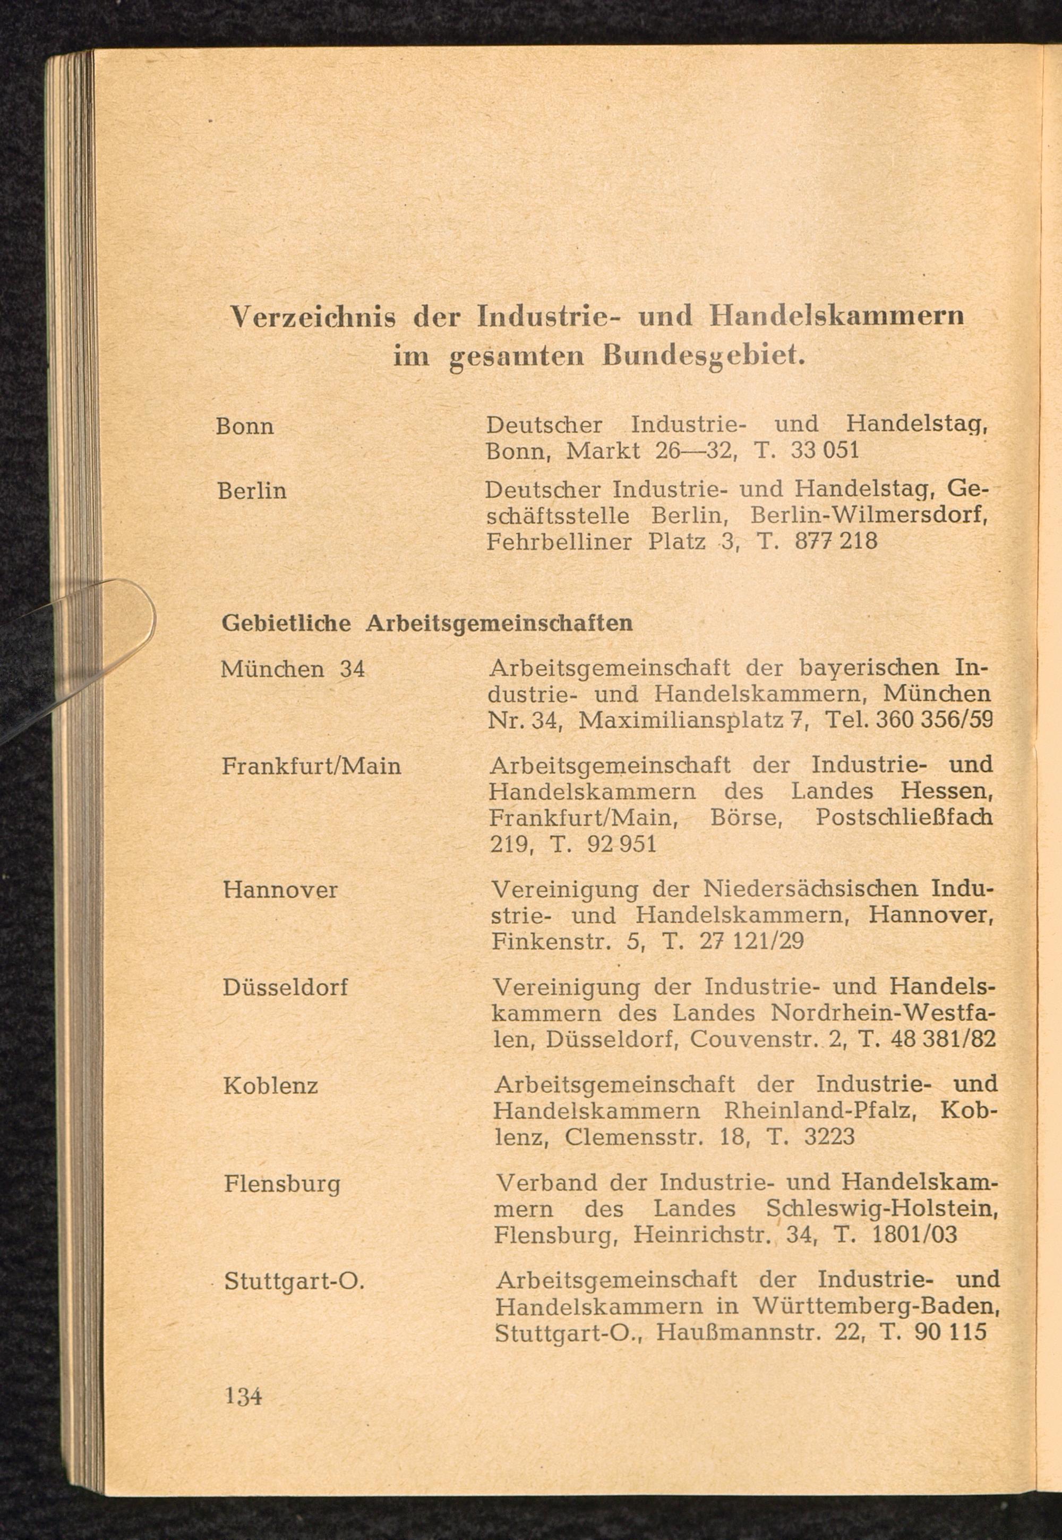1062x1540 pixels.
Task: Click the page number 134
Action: point(244,1394)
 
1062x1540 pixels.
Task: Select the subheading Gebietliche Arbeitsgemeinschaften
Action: point(426,623)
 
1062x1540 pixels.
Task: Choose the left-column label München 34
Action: point(293,668)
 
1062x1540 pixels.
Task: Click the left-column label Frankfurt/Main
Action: point(311,766)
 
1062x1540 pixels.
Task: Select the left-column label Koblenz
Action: point(271,1085)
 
